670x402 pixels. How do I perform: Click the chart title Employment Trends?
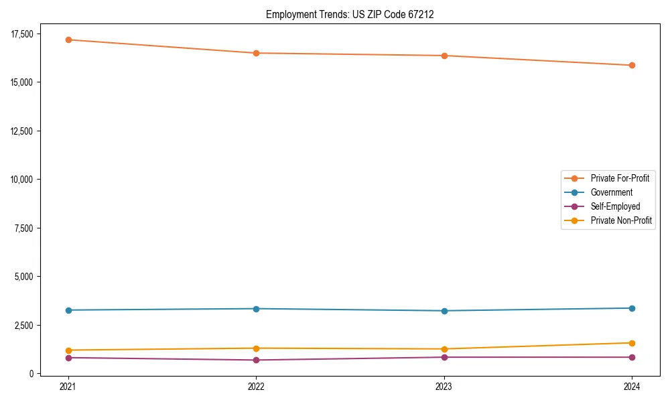click(350, 14)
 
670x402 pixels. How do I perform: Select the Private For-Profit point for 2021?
click(68, 40)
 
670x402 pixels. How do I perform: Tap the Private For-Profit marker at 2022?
click(256, 53)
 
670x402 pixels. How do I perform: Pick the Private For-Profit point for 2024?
click(632, 65)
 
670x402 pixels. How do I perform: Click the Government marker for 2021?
click(68, 310)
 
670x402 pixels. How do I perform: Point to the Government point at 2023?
click(444, 311)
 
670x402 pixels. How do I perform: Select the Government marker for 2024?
click(632, 308)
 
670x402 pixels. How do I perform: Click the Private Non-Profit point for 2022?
click(256, 348)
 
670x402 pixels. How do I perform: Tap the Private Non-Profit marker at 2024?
click(632, 343)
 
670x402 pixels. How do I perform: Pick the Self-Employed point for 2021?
click(68, 358)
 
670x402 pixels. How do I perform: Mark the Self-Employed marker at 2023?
click(444, 357)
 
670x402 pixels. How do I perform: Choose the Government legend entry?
click(611, 192)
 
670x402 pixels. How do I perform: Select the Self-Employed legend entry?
click(615, 206)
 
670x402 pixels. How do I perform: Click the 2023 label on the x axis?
click(444, 387)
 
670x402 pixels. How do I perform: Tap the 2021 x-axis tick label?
click(68, 387)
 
